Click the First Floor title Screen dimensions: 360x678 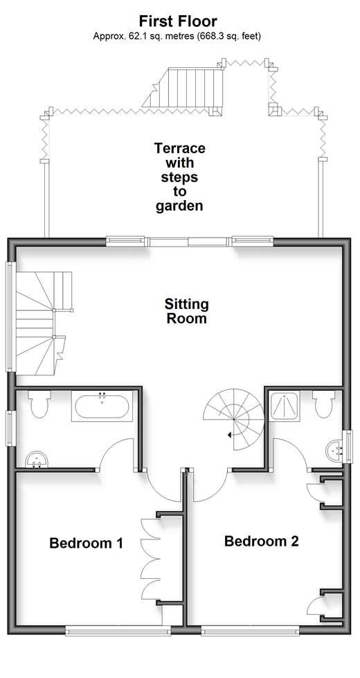pyautogui.click(x=178, y=21)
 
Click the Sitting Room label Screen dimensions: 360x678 pyautogui.click(x=187, y=311)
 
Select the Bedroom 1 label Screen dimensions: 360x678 pyautogui.click(x=87, y=543)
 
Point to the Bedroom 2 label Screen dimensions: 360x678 pyautogui.click(x=262, y=541)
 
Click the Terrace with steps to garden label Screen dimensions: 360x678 pyautogui.click(x=179, y=177)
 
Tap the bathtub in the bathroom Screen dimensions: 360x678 pyautogui.click(x=102, y=407)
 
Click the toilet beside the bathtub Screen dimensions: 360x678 pyautogui.click(x=39, y=404)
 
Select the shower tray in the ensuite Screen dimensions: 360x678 pyautogui.click(x=285, y=404)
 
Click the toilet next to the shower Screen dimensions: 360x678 pyautogui.click(x=324, y=404)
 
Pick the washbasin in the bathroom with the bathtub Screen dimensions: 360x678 pyautogui.click(x=37, y=459)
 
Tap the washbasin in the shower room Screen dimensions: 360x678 pyautogui.click(x=334, y=451)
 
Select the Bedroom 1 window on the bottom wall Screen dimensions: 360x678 pyautogui.click(x=117, y=632)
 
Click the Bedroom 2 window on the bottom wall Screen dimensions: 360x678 pyautogui.click(x=250, y=632)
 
